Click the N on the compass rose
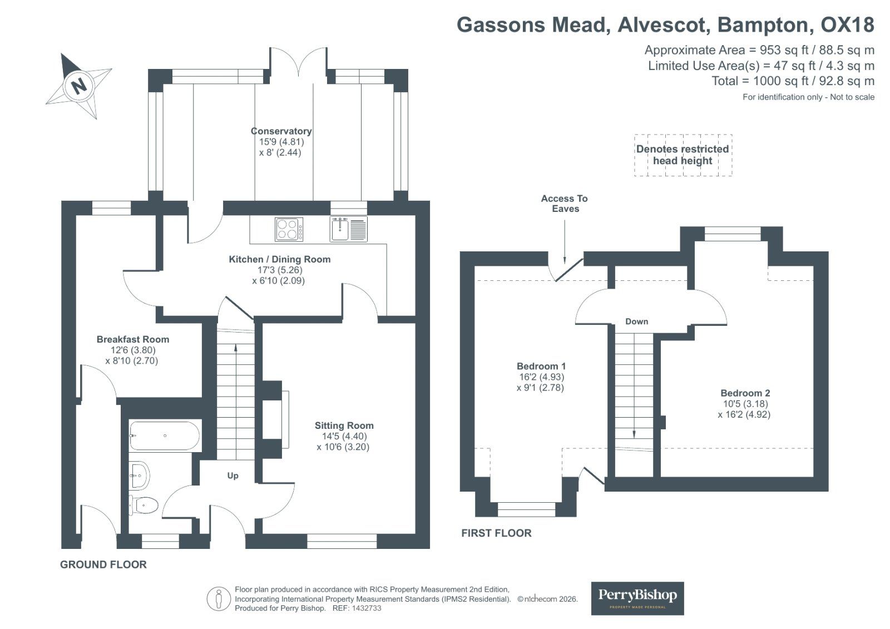(x=80, y=86)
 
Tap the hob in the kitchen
(x=289, y=229)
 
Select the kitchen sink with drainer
(x=348, y=229)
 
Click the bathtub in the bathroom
(x=165, y=436)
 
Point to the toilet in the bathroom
(x=144, y=506)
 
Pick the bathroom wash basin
(x=139, y=476)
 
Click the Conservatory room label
(x=281, y=131)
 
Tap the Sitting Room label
(x=344, y=425)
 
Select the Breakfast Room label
(x=133, y=339)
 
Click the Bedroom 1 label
(x=541, y=366)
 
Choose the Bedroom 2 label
(x=745, y=393)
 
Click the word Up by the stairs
(x=233, y=476)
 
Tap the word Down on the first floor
(x=636, y=321)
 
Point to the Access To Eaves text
(x=565, y=204)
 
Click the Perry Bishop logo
(x=637, y=598)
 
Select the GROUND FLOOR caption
(x=103, y=564)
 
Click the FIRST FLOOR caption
(x=496, y=533)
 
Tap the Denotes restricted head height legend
(x=683, y=155)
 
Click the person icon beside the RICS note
(x=219, y=599)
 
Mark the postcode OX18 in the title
(x=847, y=24)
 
